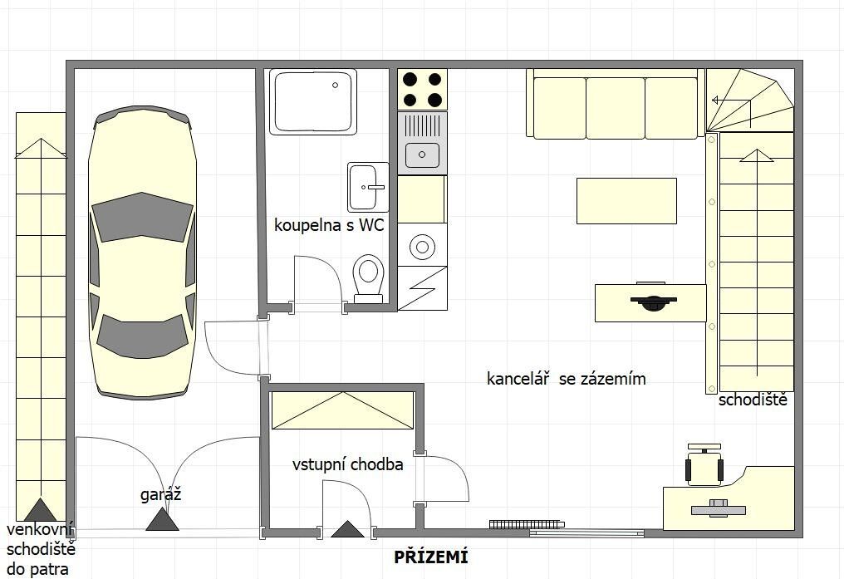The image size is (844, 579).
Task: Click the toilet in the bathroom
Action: tap(369, 279)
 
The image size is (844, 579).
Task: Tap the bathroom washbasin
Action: tap(368, 187)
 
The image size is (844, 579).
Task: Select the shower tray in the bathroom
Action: tap(313, 101)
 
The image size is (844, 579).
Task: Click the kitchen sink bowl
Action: tap(423, 155)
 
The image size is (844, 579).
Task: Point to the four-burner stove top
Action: tap(423, 90)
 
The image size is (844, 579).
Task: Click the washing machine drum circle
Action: tap(423, 247)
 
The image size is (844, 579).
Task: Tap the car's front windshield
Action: tap(142, 218)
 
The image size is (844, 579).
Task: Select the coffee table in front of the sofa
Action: tap(626, 201)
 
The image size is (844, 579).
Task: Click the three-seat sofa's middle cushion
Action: tap(616, 108)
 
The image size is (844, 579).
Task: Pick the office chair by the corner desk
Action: tap(704, 464)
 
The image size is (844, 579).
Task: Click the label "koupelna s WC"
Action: tap(329, 225)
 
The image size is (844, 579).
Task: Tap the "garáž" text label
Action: tap(160, 494)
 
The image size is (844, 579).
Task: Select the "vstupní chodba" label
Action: tap(348, 464)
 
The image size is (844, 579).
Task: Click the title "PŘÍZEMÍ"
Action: tap(430, 557)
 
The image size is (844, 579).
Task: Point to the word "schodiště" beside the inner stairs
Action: tap(753, 400)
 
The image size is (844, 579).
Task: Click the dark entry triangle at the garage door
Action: tap(162, 518)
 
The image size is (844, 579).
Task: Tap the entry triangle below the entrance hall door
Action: tap(348, 529)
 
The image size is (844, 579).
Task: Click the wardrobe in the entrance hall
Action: tap(343, 410)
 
